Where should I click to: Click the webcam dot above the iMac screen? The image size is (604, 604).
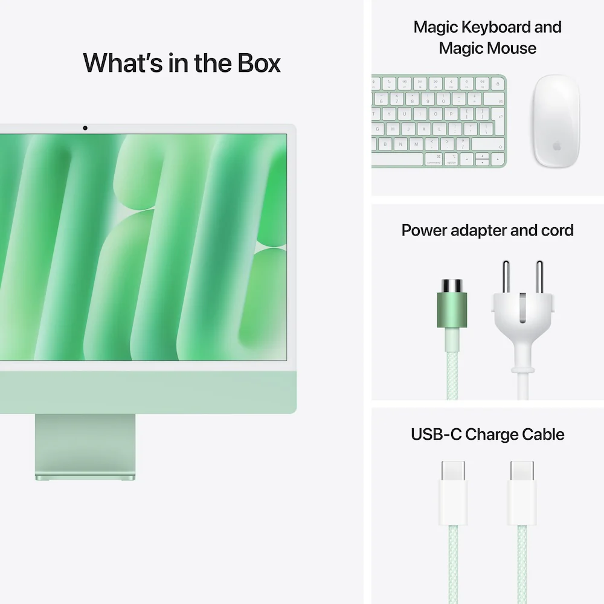[85, 128]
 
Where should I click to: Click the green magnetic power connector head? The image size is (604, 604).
[449, 309]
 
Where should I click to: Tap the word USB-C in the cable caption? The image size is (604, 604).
[436, 434]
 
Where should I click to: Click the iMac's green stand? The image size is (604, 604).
[85, 447]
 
